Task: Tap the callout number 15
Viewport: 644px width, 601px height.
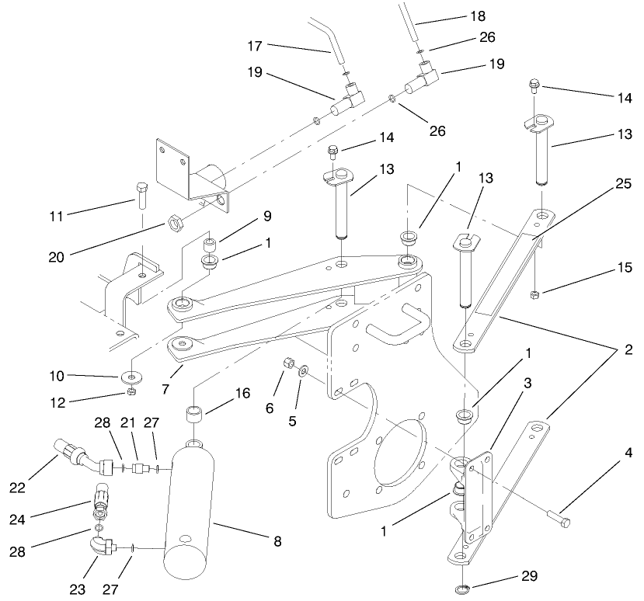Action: coord(625,267)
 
